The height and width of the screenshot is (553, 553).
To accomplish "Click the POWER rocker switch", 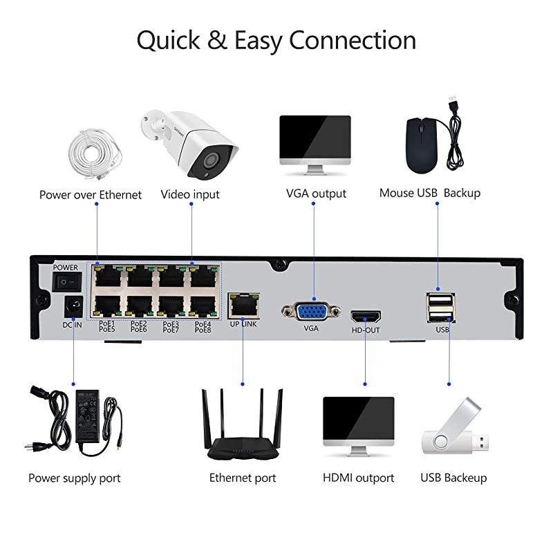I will pyautogui.click(x=67, y=281).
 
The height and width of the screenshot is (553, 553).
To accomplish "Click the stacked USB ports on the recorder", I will pyautogui.click(x=442, y=308).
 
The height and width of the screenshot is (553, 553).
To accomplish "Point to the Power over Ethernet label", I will pyautogui.click(x=91, y=194).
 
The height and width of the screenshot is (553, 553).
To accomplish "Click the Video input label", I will pyautogui.click(x=190, y=194).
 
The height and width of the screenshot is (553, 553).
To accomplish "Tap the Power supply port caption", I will pyautogui.click(x=75, y=478).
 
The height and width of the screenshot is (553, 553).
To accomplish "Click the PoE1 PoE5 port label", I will pyautogui.click(x=106, y=326).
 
